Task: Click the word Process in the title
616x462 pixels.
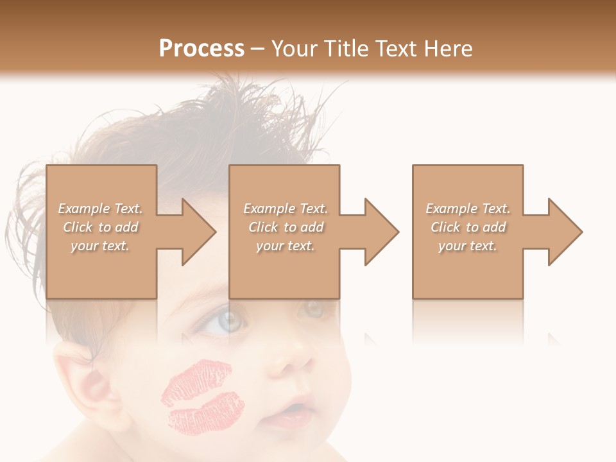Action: (x=201, y=49)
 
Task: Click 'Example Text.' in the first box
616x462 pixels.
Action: (x=101, y=209)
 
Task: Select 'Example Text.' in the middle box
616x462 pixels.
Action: (x=286, y=209)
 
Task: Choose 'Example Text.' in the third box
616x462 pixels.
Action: (x=468, y=209)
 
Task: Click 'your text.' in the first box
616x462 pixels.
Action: (x=101, y=246)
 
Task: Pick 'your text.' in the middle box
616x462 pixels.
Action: (x=286, y=246)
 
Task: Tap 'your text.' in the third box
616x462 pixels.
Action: (x=468, y=246)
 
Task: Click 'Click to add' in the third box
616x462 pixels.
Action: (x=468, y=227)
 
